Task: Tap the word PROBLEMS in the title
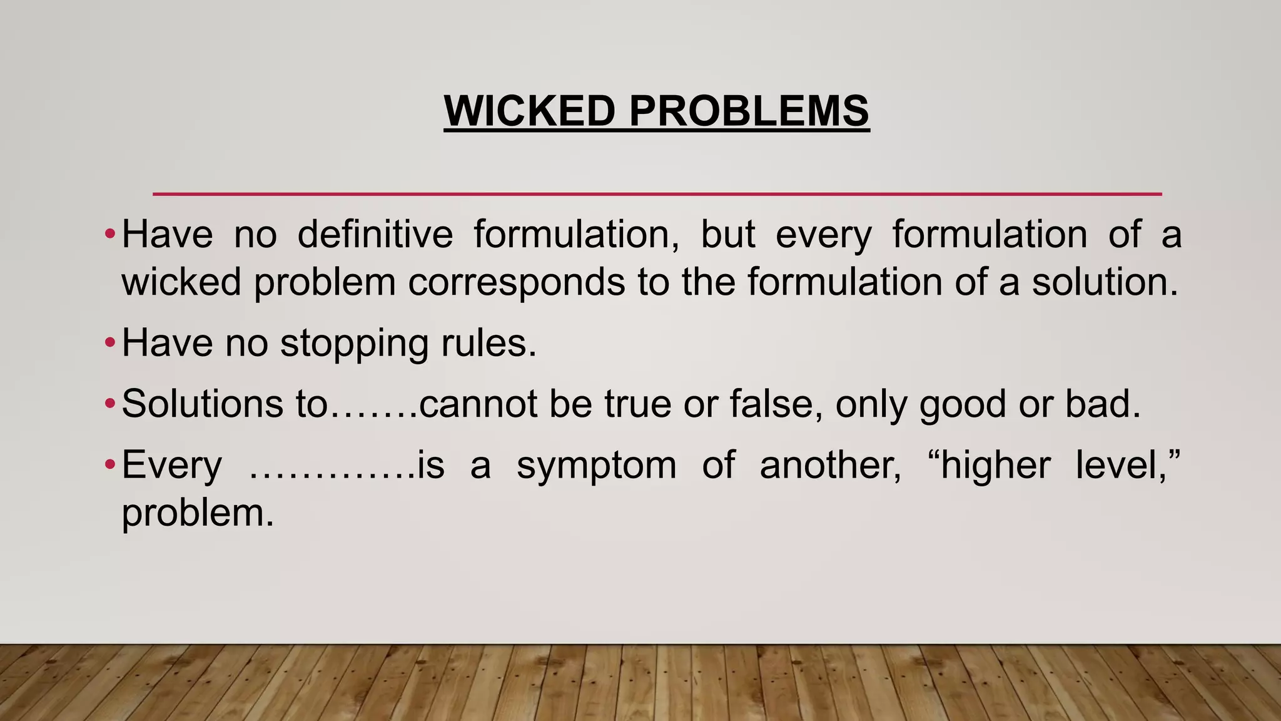[749, 111]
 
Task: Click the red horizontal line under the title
[657, 194]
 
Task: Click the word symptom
[596, 465]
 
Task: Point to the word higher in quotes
[995, 465]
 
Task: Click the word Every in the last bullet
[172, 465]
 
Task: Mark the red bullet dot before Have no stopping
[110, 343]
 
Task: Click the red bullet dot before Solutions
[110, 403]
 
